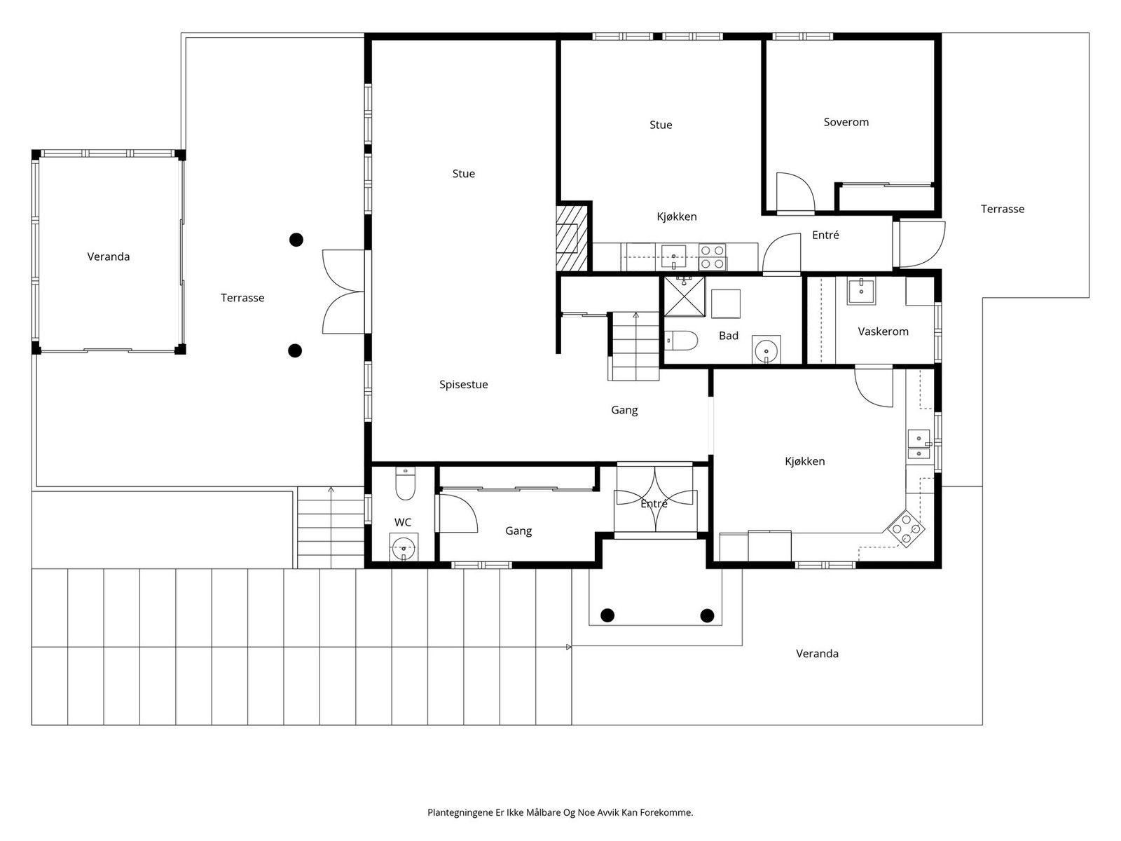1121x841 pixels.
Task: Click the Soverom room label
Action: tap(846, 122)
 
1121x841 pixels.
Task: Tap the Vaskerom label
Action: tap(883, 331)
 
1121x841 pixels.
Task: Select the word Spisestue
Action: tap(463, 385)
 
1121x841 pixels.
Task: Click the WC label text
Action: tap(402, 522)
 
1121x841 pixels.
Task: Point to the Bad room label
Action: tap(728, 336)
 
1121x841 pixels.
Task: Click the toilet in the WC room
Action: tap(405, 484)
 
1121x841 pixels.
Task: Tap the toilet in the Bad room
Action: tap(681, 341)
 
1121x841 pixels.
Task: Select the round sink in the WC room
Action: tap(404, 548)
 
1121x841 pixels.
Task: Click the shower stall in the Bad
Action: tap(685, 296)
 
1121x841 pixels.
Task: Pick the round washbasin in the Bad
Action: tap(766, 350)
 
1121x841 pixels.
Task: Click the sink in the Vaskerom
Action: tap(860, 291)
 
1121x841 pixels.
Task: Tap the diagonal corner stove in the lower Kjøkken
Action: tap(906, 528)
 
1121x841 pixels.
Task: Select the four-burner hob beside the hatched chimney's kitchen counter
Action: tap(713, 257)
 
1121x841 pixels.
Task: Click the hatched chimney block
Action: tap(572, 238)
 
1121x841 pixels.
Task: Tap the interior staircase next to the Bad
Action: tap(633, 346)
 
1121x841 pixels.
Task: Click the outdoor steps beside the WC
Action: tap(331, 528)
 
